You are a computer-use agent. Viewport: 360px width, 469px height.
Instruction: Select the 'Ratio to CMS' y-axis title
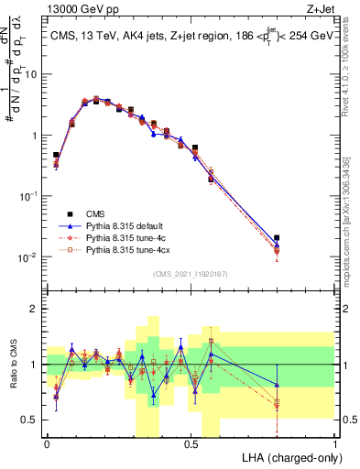(13, 365)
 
